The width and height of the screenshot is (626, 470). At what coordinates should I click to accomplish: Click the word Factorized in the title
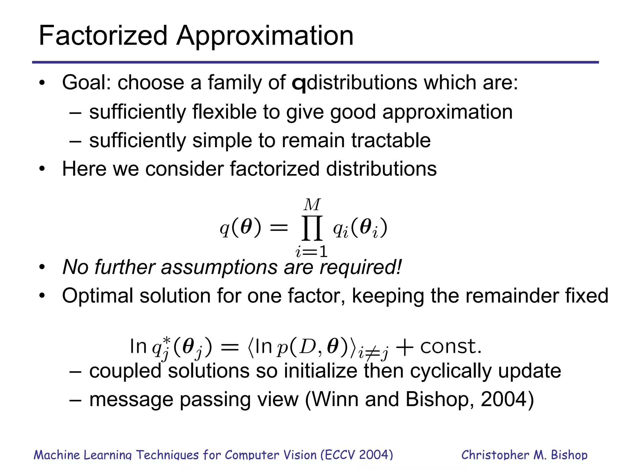pyautogui.click(x=103, y=36)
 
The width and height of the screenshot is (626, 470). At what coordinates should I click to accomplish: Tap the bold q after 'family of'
pyautogui.click(x=299, y=83)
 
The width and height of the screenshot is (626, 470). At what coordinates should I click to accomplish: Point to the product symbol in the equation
pyautogui.click(x=312, y=228)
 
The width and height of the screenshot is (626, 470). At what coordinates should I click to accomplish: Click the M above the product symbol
pyautogui.click(x=312, y=205)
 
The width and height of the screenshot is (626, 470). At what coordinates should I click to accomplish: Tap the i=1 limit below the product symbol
pyautogui.click(x=311, y=252)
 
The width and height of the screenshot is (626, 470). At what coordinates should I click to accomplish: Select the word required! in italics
pyautogui.click(x=361, y=267)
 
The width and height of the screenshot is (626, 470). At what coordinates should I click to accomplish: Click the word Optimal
pyautogui.click(x=98, y=296)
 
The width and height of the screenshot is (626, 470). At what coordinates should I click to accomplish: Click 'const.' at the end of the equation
pyautogui.click(x=451, y=346)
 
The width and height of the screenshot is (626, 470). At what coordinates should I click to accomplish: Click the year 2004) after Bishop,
pyautogui.click(x=507, y=400)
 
